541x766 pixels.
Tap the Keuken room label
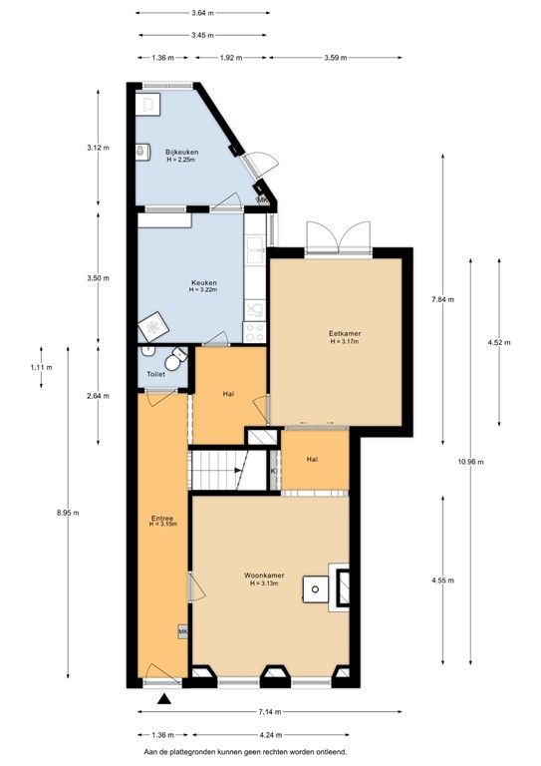click(203, 283)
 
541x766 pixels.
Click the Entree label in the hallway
click(162, 519)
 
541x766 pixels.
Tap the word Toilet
click(154, 375)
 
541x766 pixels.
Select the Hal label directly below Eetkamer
click(312, 459)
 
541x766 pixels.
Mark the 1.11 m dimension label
click(40, 368)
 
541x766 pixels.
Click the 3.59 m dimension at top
click(335, 58)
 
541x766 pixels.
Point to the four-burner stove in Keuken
click(255, 330)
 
